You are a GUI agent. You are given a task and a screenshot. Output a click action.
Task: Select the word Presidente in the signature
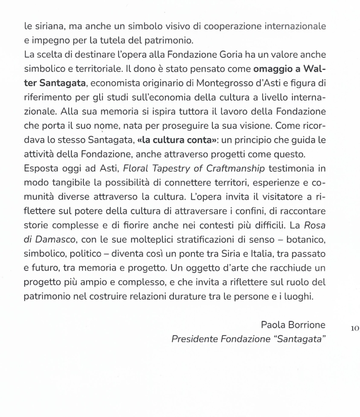tap(194, 340)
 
